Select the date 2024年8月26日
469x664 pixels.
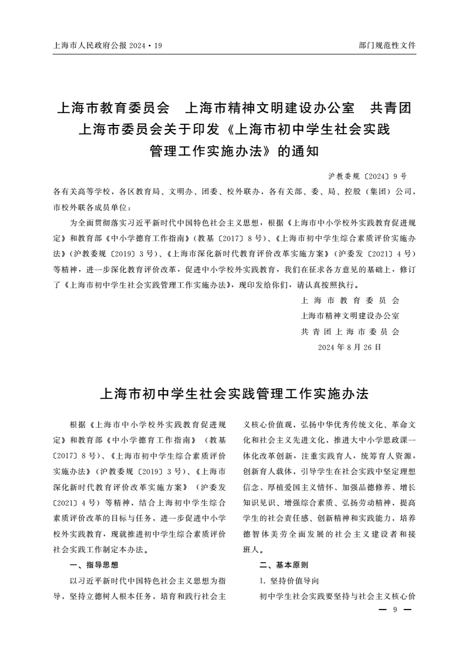coord(350,347)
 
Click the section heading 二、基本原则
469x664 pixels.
coord(284,565)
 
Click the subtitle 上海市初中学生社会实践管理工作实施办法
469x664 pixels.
coord(235,394)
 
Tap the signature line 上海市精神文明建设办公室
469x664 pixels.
coord(350,316)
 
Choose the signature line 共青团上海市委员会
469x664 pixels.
coord(350,331)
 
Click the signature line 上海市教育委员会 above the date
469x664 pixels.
coord(350,301)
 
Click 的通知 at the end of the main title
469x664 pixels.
coord(299,150)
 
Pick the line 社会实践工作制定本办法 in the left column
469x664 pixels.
coord(101,549)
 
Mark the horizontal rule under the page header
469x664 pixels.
coord(235,54)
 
